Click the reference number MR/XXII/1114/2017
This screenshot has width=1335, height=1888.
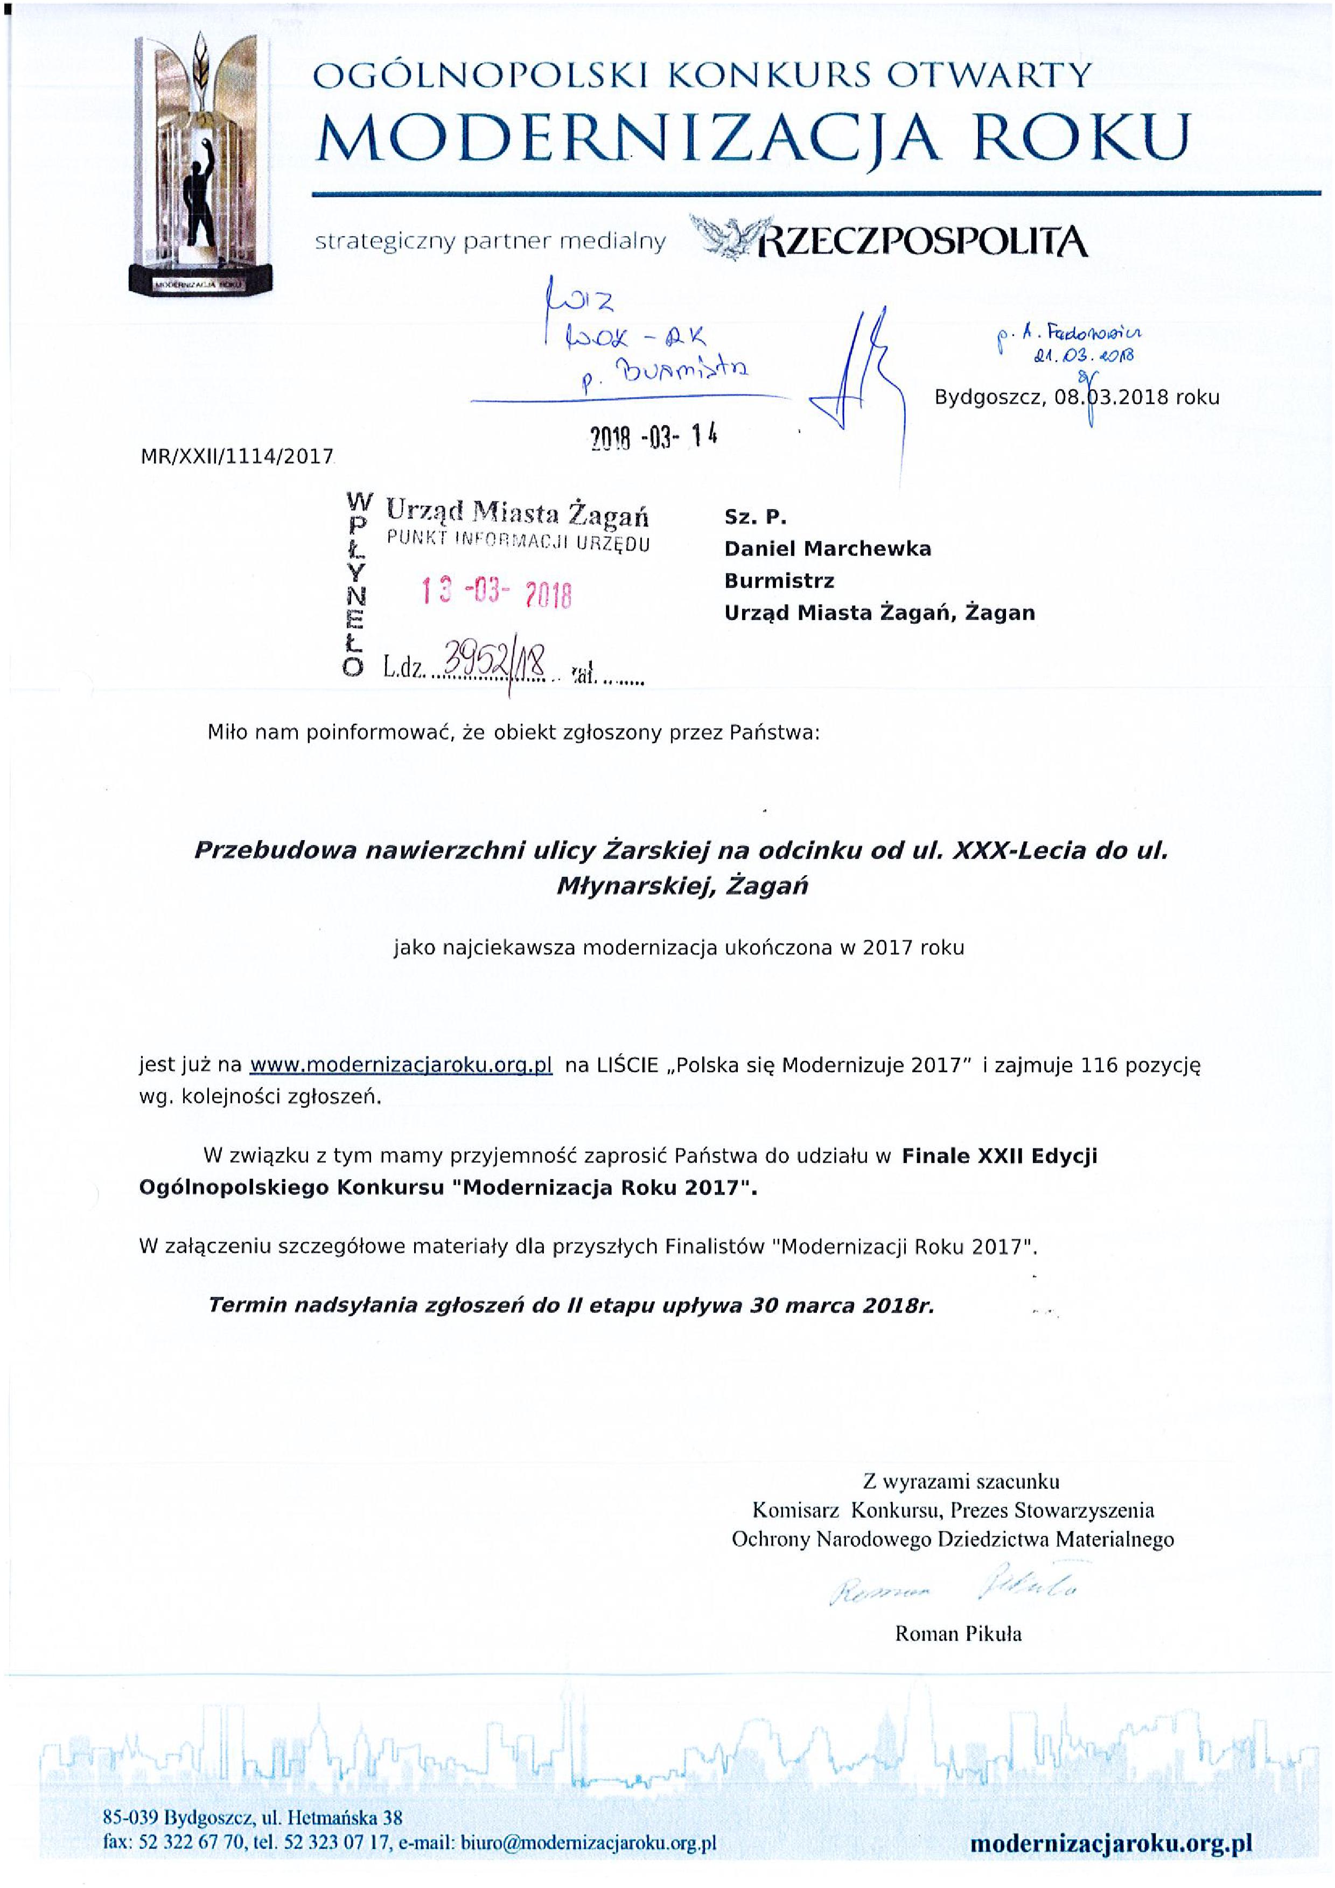click(x=237, y=456)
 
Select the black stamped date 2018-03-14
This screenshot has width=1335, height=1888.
click(x=654, y=438)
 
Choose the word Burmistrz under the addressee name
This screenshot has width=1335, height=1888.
click(x=779, y=581)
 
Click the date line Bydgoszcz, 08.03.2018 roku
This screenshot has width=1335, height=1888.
click(x=1077, y=398)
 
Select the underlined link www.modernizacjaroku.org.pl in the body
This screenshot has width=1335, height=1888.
click(x=401, y=1065)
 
